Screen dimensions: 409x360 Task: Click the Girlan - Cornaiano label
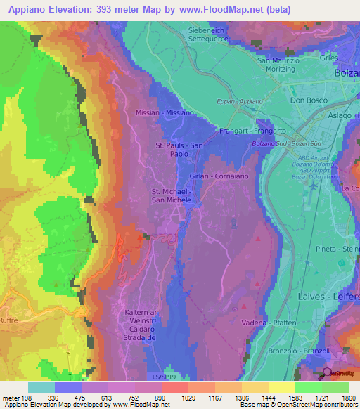click(219, 176)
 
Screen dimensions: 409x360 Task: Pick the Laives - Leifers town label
click(331, 297)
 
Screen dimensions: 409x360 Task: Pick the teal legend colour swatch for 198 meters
click(41, 387)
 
